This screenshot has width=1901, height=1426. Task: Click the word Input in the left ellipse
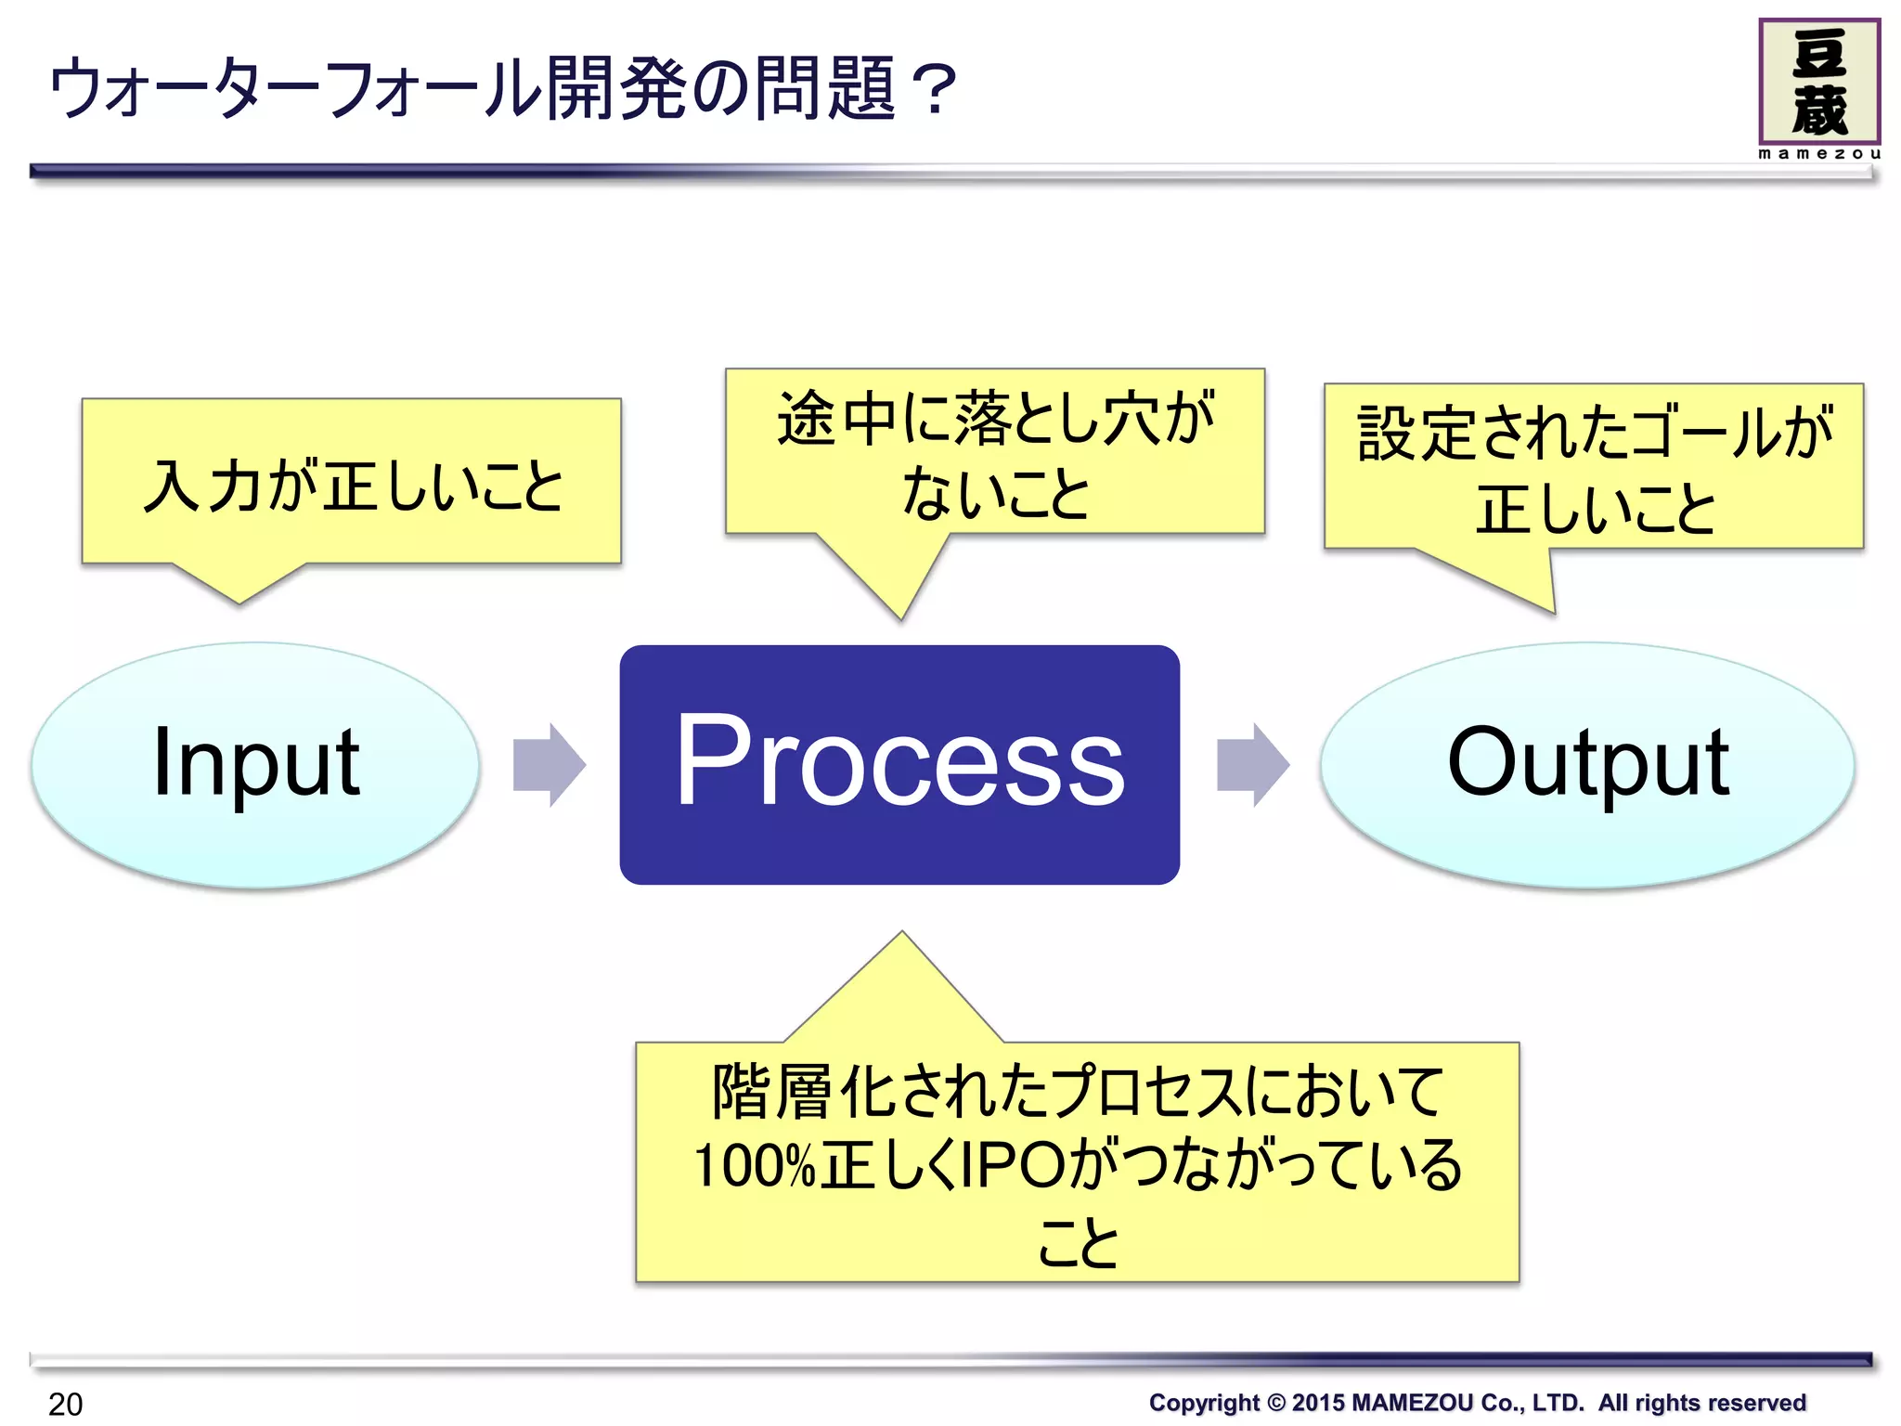point(255,763)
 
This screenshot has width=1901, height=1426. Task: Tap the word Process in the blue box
point(899,763)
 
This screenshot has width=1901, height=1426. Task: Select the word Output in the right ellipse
point(1587,763)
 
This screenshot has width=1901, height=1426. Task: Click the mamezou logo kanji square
point(1818,82)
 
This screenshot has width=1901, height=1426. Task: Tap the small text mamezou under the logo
point(1818,154)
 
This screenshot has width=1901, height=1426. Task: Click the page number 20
point(65,1404)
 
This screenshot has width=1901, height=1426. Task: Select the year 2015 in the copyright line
point(1317,1403)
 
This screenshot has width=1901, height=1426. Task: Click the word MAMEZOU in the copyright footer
point(1412,1403)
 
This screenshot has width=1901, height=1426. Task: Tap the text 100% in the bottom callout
point(754,1166)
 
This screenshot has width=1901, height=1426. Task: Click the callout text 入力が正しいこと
point(353,486)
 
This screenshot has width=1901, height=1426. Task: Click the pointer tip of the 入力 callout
point(239,602)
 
